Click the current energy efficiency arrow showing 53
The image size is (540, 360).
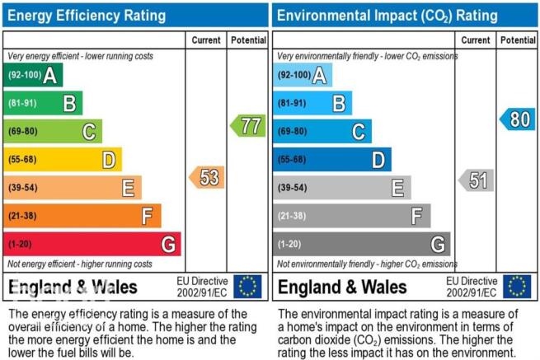(x=207, y=177)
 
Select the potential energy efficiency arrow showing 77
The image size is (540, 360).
(x=248, y=125)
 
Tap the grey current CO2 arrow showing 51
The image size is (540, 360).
(x=477, y=180)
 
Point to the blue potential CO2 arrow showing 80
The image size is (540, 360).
(x=518, y=119)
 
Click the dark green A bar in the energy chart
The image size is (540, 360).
(x=33, y=75)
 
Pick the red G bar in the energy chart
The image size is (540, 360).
(x=92, y=244)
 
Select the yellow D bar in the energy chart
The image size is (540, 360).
(x=63, y=159)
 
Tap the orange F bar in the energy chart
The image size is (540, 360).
(x=82, y=216)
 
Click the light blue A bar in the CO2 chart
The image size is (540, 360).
(x=303, y=75)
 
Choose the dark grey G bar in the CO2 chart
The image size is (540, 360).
(x=362, y=244)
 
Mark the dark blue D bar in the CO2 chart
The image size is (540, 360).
(x=332, y=159)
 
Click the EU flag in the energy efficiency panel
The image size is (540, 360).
(x=247, y=287)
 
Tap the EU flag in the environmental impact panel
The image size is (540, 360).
(x=517, y=287)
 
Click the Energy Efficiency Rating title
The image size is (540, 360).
(x=87, y=16)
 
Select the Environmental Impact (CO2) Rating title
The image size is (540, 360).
(x=387, y=16)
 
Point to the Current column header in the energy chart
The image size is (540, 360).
(x=206, y=40)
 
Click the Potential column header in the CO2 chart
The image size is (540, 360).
(x=518, y=40)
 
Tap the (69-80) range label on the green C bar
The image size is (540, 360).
(x=23, y=131)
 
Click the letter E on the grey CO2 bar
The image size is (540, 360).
(x=397, y=188)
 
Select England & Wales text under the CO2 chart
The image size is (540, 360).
(x=342, y=287)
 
